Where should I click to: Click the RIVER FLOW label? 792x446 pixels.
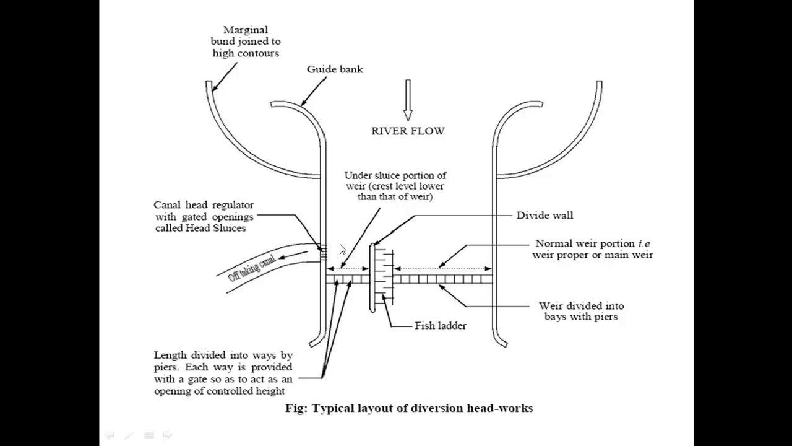(x=408, y=131)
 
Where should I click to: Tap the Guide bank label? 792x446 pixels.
(x=335, y=69)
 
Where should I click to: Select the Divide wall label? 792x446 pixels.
(x=544, y=215)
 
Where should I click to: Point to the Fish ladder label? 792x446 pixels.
(x=440, y=325)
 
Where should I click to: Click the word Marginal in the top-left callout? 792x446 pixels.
(x=246, y=30)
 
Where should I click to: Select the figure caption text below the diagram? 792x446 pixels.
(x=408, y=408)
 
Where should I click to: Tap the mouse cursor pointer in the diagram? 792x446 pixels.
(x=343, y=249)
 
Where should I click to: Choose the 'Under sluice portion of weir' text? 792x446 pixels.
(x=395, y=186)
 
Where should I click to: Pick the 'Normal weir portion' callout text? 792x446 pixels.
(x=592, y=249)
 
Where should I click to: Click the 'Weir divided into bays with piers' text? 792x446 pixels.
(x=581, y=311)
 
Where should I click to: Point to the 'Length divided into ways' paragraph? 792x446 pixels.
(x=223, y=373)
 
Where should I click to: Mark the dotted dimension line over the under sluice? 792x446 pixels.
(x=348, y=269)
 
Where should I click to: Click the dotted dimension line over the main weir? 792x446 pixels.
(x=442, y=269)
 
